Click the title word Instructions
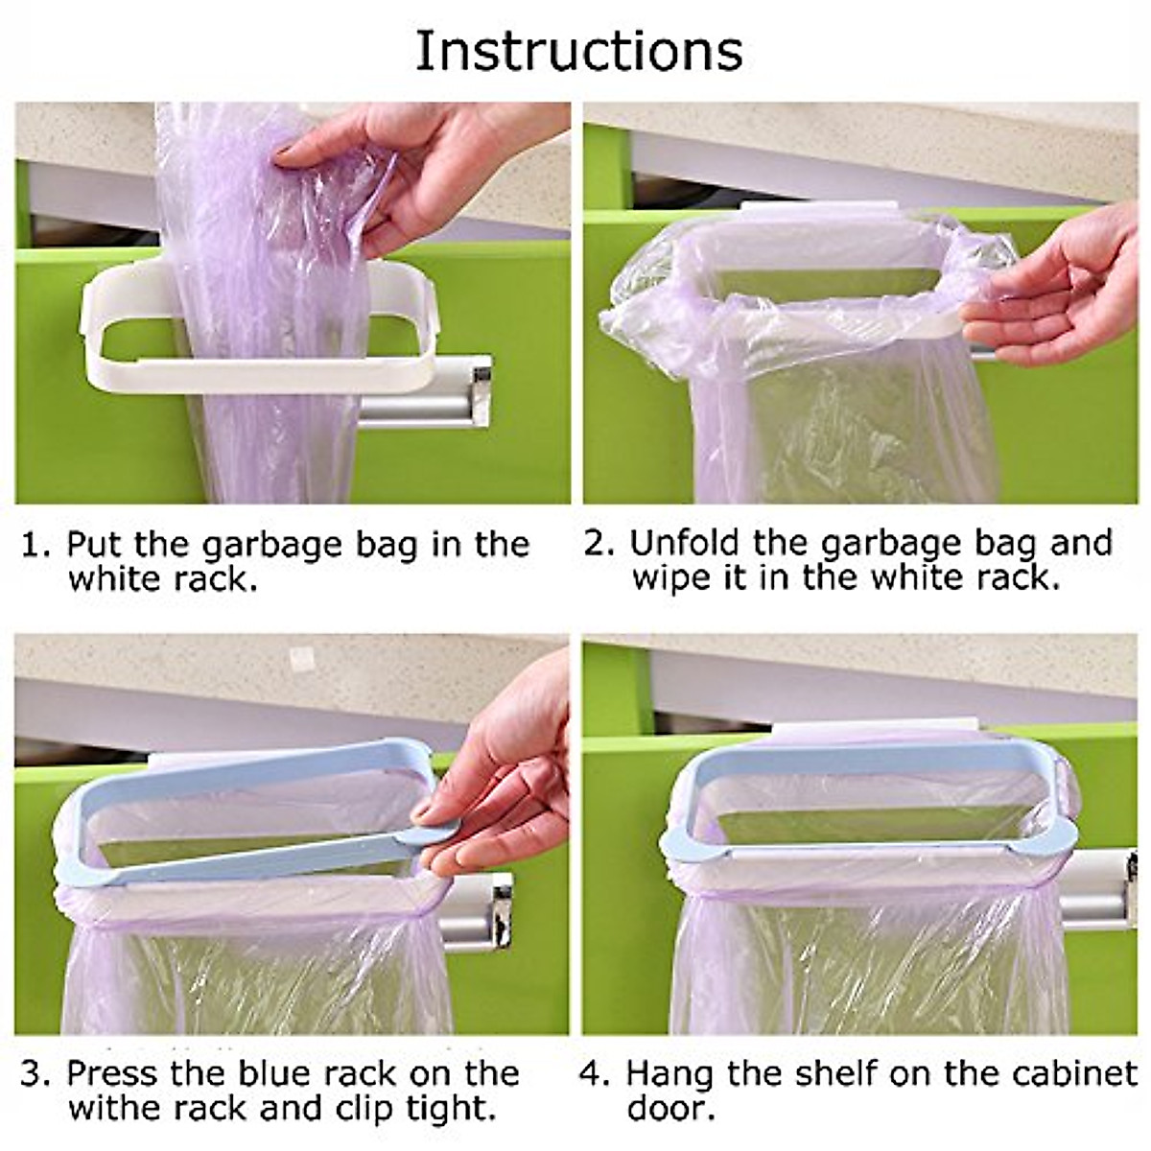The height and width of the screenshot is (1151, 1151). pos(578,50)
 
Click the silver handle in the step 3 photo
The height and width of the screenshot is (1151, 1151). pos(480,906)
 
